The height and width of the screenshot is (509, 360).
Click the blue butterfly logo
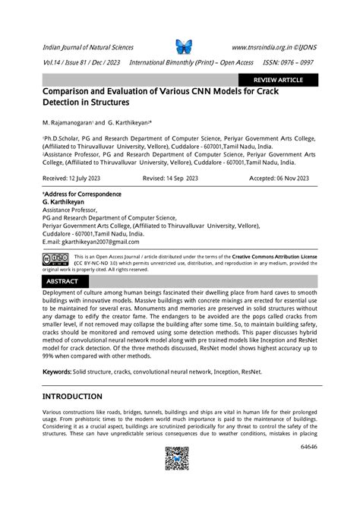[x=184, y=47]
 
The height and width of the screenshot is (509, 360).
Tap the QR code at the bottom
[x=177, y=459]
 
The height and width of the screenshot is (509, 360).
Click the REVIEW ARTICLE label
[x=277, y=79]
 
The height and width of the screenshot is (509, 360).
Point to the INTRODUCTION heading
[x=72, y=397]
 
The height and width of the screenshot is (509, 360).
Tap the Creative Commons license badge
[x=57, y=259]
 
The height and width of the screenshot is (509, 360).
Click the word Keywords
[x=57, y=371]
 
